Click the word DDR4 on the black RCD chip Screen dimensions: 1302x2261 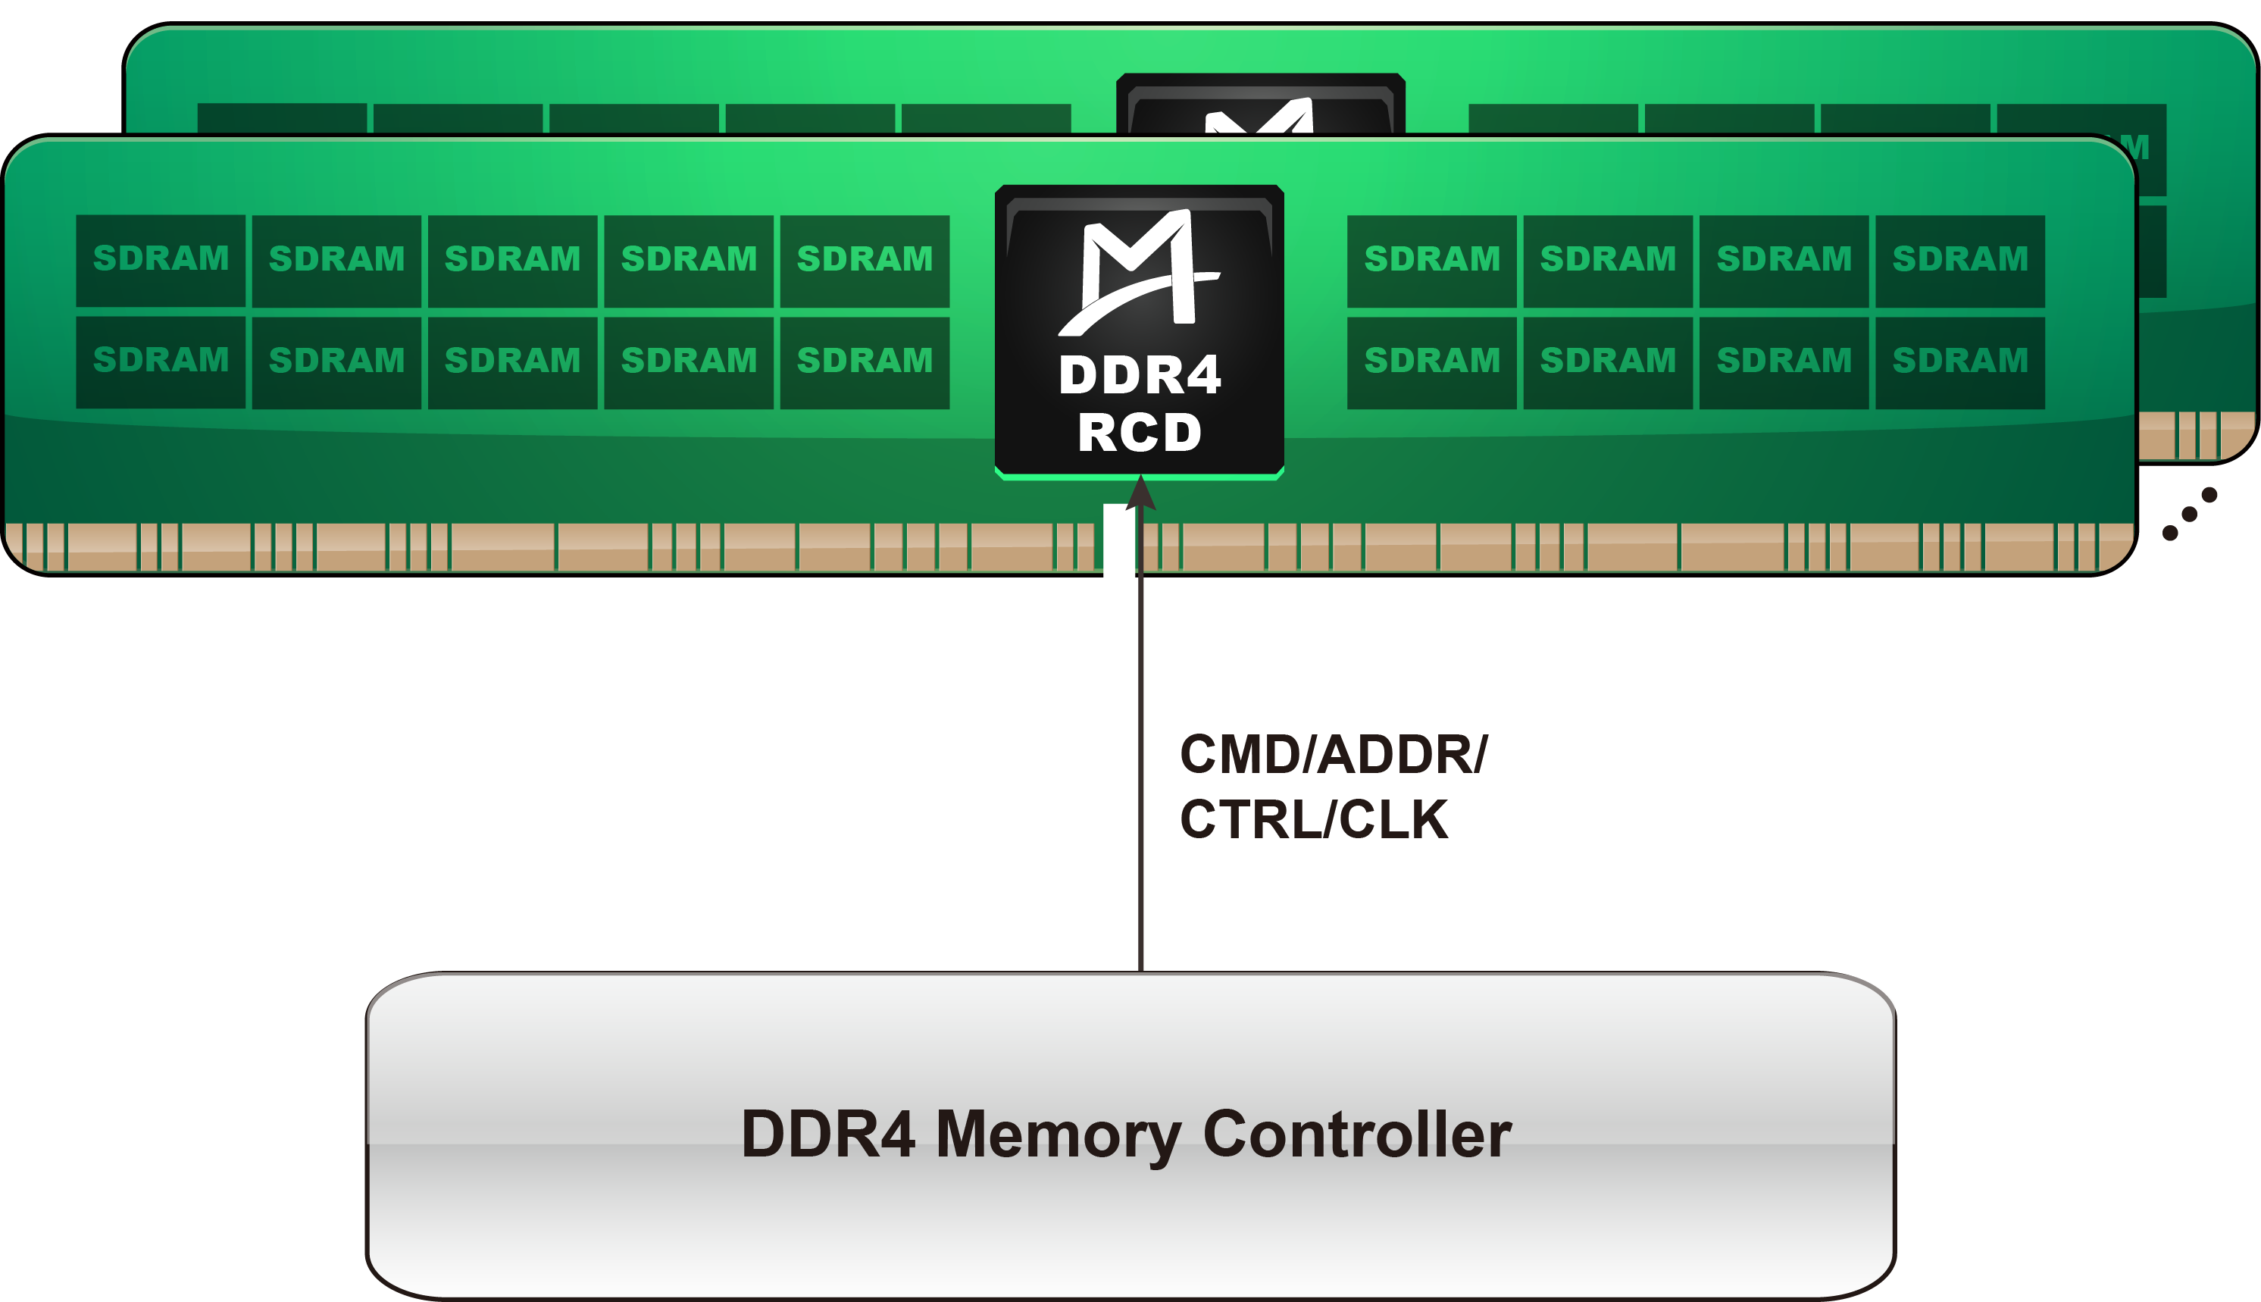click(x=1140, y=376)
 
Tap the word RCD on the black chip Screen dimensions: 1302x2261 click(x=1140, y=433)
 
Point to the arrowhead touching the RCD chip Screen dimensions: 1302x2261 click(x=1141, y=493)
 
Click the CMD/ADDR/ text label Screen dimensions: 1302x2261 click(x=1334, y=755)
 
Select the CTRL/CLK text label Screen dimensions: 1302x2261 click(x=1313, y=819)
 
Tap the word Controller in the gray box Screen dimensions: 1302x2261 click(x=1357, y=1136)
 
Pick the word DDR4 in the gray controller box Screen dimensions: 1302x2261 click(x=828, y=1136)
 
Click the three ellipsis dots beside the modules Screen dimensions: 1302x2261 click(x=2190, y=514)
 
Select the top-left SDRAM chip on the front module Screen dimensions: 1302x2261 click(x=161, y=260)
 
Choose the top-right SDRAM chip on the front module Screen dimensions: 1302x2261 click(x=1959, y=260)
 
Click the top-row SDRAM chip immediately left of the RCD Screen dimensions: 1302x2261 click(x=865, y=260)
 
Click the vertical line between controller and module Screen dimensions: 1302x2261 click(x=1141, y=760)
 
